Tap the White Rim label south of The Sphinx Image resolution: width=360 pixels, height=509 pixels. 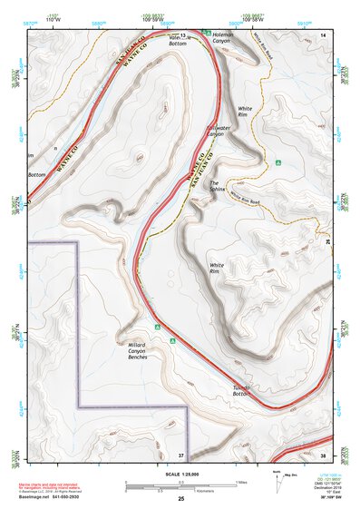(216, 269)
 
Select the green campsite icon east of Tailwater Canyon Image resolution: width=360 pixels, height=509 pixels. (279, 163)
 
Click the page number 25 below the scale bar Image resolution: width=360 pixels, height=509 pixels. (180, 499)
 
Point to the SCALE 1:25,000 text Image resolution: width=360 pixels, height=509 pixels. (180, 472)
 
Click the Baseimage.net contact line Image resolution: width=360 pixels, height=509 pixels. (53, 497)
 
